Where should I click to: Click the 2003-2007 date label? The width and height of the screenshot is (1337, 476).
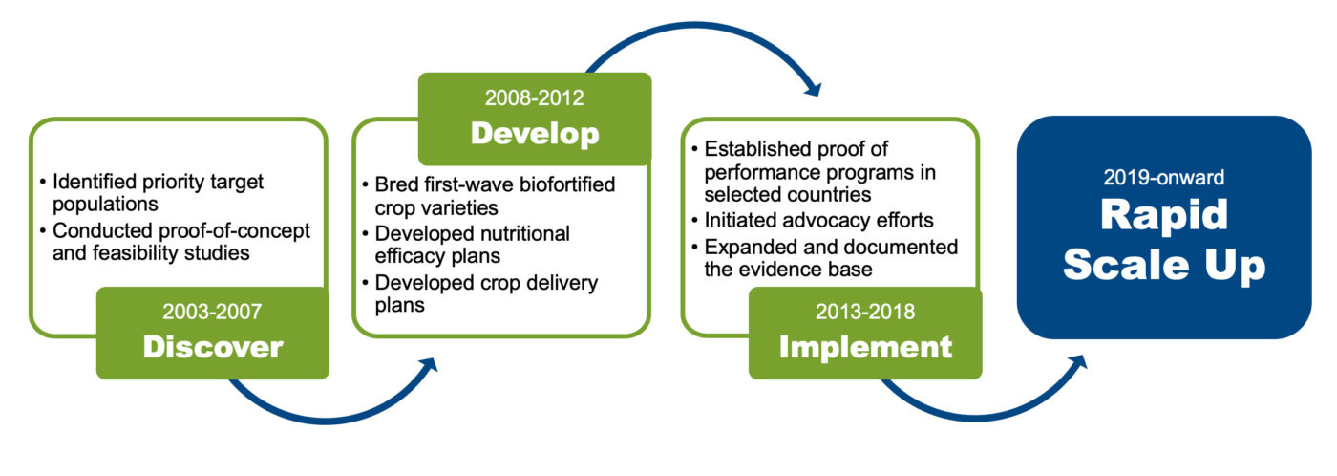pyautogui.click(x=212, y=312)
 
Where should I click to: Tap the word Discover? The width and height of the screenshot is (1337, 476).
pyautogui.click(x=213, y=347)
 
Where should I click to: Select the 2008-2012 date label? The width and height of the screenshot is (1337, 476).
pyautogui.click(x=534, y=97)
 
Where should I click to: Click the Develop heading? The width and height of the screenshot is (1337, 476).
pyautogui.click(x=535, y=133)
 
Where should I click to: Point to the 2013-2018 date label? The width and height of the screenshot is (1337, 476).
pyautogui.click(x=865, y=312)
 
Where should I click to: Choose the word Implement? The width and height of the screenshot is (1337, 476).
pyautogui.click(x=865, y=347)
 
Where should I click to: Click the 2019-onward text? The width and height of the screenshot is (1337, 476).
pyautogui.click(x=1163, y=178)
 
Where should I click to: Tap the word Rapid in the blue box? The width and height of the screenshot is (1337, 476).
pyautogui.click(x=1164, y=215)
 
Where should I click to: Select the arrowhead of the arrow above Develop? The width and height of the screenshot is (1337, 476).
pyautogui.click(x=813, y=88)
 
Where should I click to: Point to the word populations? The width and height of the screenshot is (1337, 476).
pyautogui.click(x=105, y=205)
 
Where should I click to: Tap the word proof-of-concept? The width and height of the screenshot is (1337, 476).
pyautogui.click(x=234, y=231)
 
